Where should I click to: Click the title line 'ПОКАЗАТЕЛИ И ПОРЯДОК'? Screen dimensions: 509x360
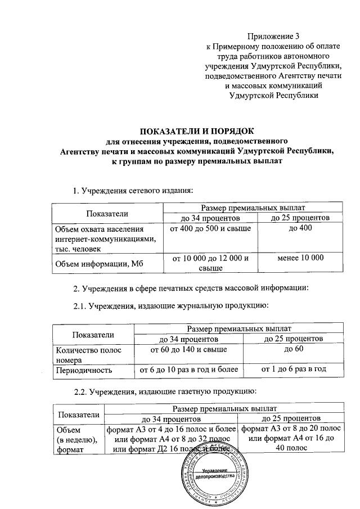[195, 131]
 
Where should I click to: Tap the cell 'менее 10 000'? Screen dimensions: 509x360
[301, 258]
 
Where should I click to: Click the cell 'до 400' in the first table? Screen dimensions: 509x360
[301, 229]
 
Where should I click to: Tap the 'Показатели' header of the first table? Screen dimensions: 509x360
[107, 213]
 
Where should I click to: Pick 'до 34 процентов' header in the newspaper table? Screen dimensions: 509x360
[172, 419]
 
